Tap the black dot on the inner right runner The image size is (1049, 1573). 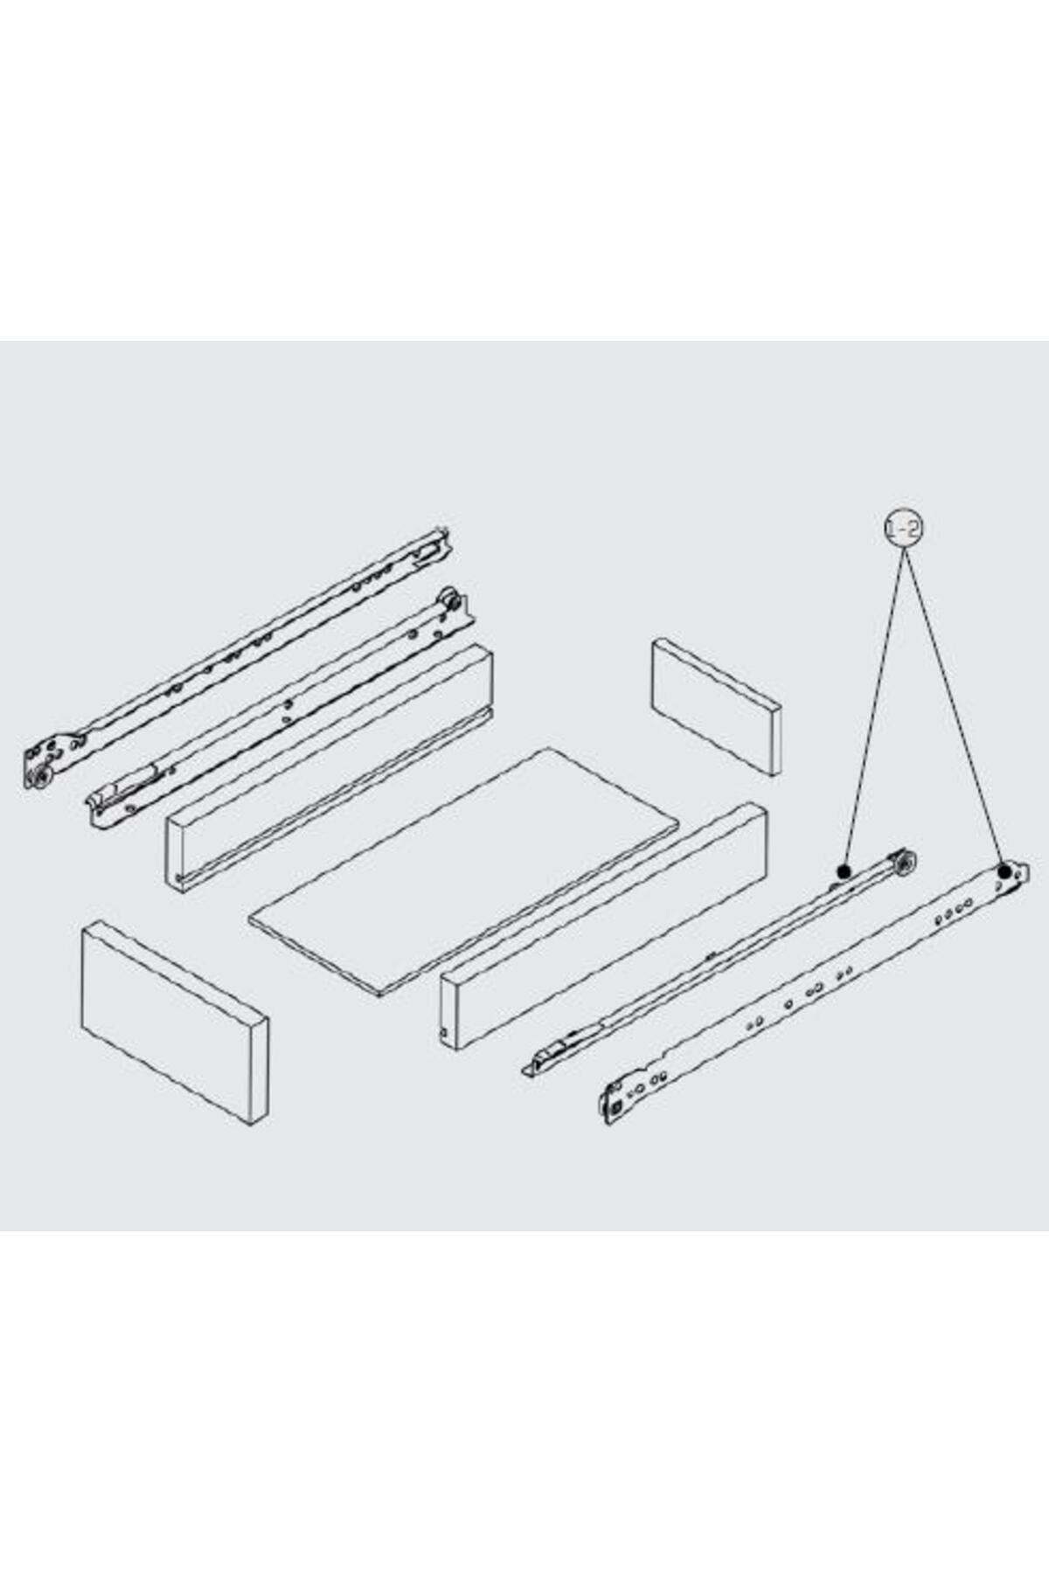(844, 871)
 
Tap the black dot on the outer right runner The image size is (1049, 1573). (1005, 870)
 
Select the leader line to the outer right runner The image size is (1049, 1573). (954, 708)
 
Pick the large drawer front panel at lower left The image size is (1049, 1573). (175, 1022)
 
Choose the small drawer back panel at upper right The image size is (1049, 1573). (716, 706)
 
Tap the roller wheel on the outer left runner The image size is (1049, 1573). (39, 779)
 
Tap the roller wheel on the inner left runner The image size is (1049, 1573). (451, 599)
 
